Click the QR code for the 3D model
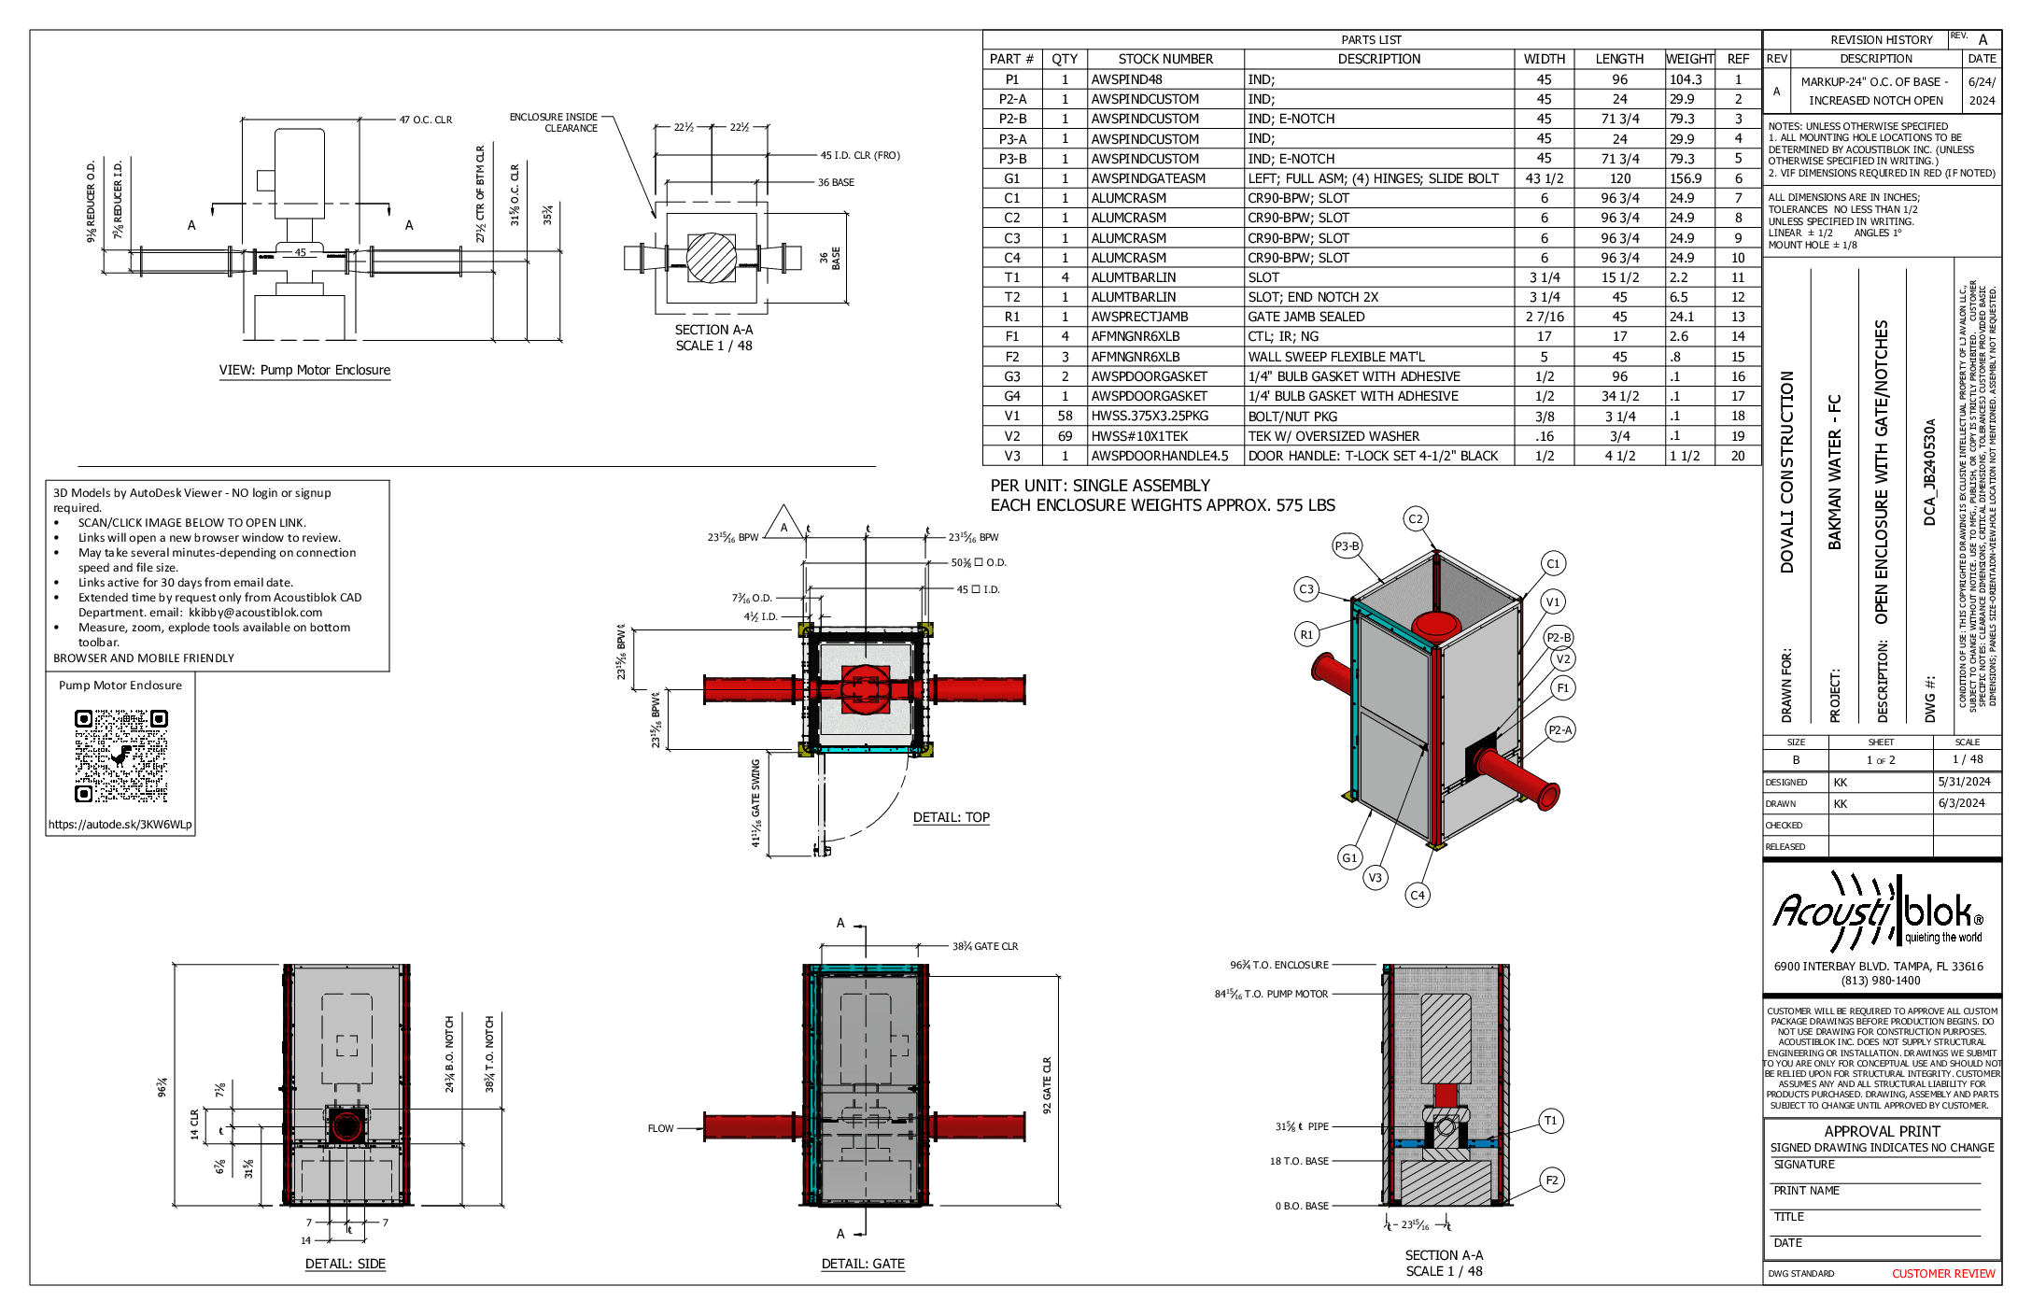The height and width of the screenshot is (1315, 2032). [120, 756]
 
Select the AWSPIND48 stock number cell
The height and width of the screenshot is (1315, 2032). [1127, 79]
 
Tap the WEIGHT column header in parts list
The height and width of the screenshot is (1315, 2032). [1689, 59]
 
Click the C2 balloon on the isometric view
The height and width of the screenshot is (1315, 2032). [1416, 519]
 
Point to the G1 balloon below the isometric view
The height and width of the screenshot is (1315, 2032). [1349, 857]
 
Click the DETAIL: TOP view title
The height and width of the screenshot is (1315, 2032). [951, 817]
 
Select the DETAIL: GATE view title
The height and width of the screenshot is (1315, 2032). [863, 1264]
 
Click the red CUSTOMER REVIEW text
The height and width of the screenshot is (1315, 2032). [1942, 1273]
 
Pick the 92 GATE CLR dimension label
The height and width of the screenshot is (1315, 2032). [1047, 1085]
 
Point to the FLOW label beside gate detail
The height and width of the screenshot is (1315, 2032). [660, 1128]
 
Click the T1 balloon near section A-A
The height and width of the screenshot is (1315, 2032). [1550, 1121]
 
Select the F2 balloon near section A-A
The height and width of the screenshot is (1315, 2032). [1551, 1180]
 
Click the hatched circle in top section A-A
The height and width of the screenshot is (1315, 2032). [712, 258]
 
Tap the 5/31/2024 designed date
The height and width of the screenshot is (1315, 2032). [1964, 782]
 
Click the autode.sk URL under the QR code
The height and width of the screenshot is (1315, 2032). [120, 825]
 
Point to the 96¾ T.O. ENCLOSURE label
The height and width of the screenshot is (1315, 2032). [1278, 965]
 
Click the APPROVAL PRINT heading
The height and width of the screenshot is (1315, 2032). [1882, 1131]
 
